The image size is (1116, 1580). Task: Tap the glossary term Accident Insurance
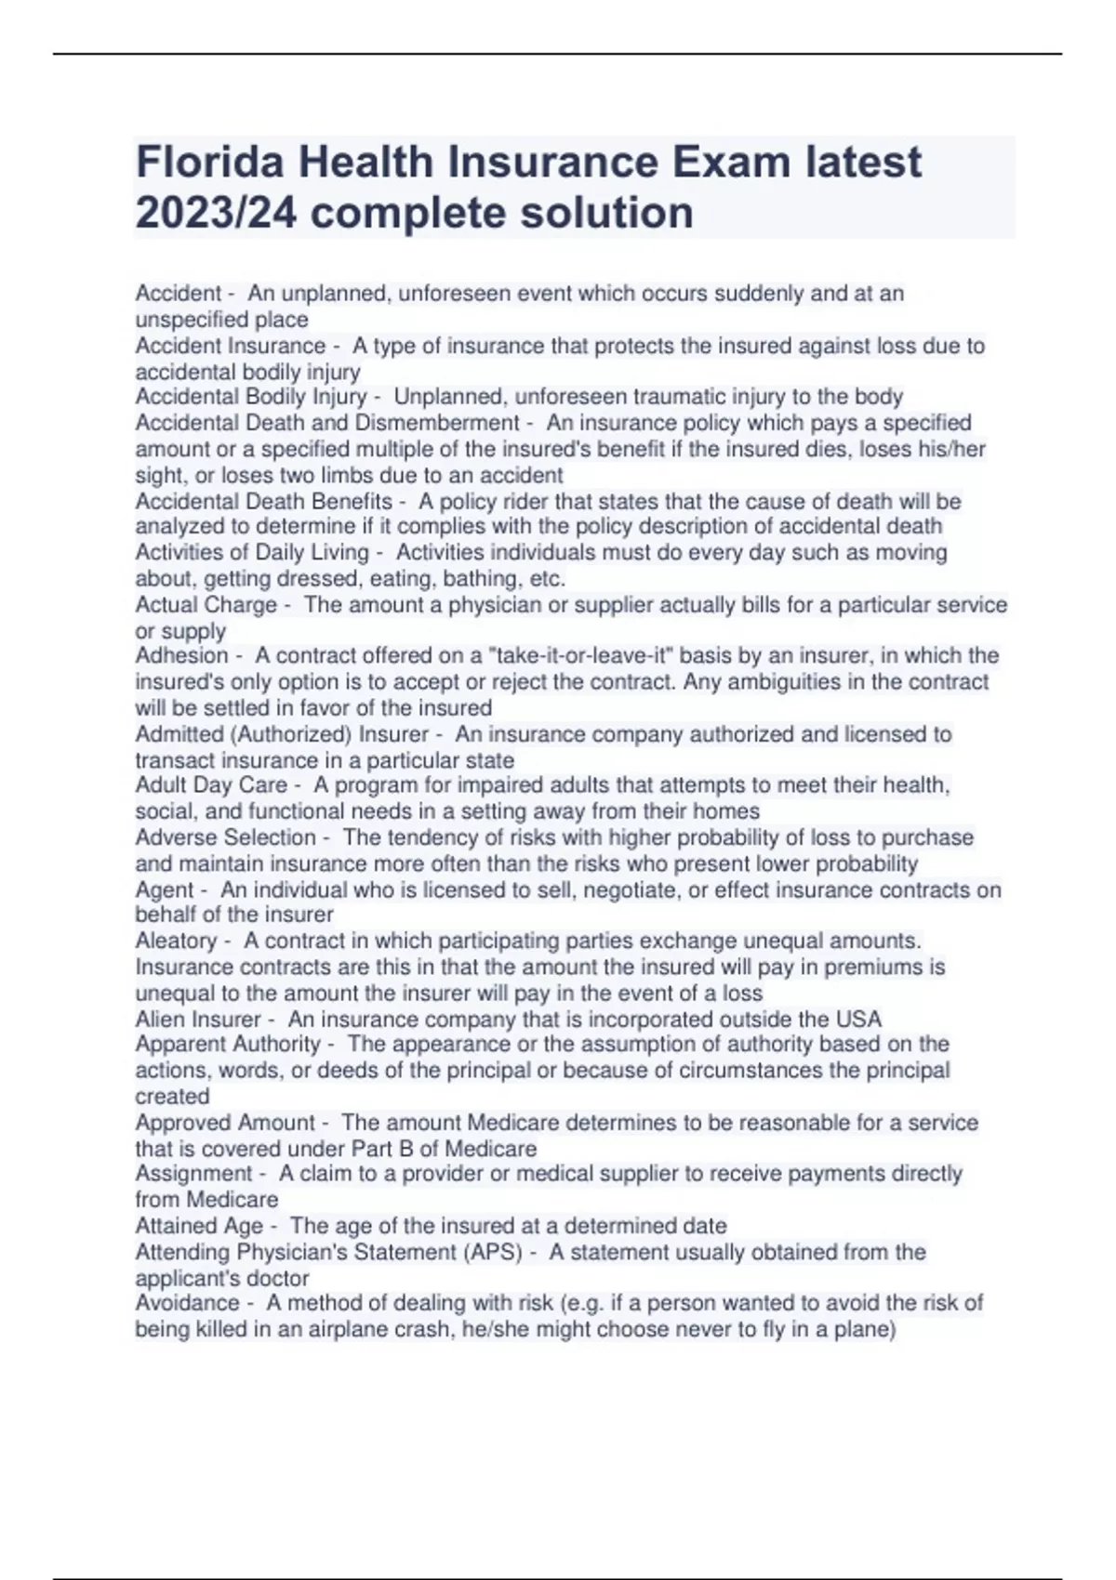(x=230, y=347)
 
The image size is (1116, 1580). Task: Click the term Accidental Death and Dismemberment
(x=326, y=424)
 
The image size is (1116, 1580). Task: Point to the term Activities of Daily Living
(x=252, y=553)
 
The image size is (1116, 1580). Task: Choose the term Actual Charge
(x=206, y=605)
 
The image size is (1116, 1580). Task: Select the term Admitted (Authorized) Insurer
(x=282, y=735)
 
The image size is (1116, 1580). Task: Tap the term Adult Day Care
(x=211, y=785)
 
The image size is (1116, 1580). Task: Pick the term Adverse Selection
(x=225, y=837)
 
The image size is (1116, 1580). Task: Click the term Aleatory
(x=176, y=941)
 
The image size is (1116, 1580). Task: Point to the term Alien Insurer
(x=198, y=1020)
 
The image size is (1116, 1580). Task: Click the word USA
(x=858, y=1020)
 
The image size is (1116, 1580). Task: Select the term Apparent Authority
(x=228, y=1045)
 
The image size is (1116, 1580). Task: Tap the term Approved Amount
(x=225, y=1123)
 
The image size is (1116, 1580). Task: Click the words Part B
(x=383, y=1149)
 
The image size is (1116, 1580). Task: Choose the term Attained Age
(x=199, y=1226)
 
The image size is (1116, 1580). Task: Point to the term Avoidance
(x=187, y=1303)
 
